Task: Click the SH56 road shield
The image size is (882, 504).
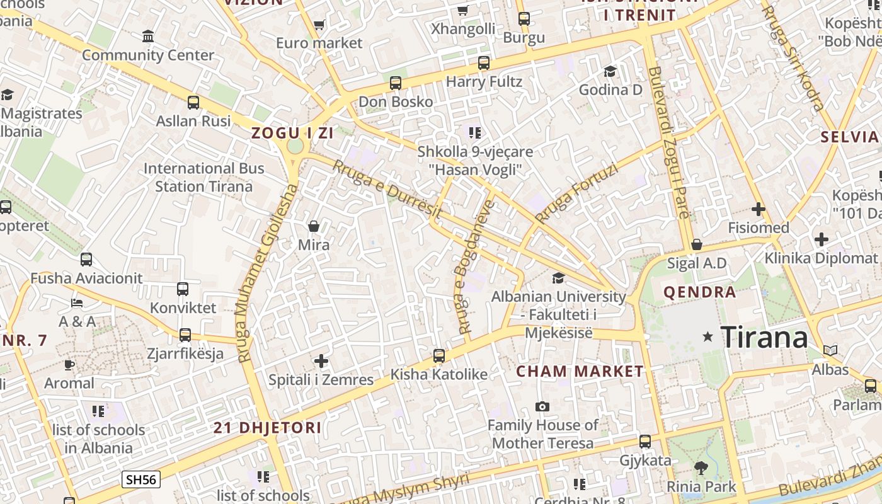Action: pyautogui.click(x=141, y=479)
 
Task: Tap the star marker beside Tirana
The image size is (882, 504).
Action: pyautogui.click(x=708, y=337)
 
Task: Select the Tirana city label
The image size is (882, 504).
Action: pyautogui.click(x=764, y=337)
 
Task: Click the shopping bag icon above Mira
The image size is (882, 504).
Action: pyautogui.click(x=314, y=226)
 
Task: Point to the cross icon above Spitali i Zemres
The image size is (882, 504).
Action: pyautogui.click(x=321, y=361)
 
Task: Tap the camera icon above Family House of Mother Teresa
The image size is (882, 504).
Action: pyautogui.click(x=542, y=407)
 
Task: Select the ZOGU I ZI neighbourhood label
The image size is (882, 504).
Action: pyautogui.click(x=292, y=133)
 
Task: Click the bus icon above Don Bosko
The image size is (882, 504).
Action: pyautogui.click(x=396, y=83)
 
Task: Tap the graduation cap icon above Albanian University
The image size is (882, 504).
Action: pyautogui.click(x=558, y=278)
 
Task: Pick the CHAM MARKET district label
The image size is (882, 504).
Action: pyautogui.click(x=580, y=372)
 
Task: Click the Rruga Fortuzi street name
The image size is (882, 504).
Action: pyautogui.click(x=576, y=193)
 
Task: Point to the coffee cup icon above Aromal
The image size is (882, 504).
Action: pyautogui.click(x=69, y=365)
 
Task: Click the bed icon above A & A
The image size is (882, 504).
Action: pyautogui.click(x=77, y=303)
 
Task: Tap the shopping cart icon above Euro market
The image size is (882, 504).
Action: pyautogui.click(x=319, y=25)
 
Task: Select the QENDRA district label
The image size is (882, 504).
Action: pyautogui.click(x=700, y=292)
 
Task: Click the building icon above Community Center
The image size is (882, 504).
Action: pyautogui.click(x=148, y=37)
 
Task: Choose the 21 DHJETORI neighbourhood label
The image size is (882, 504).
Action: pyautogui.click(x=268, y=428)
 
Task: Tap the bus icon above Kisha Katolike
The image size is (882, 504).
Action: pyautogui.click(x=439, y=356)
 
